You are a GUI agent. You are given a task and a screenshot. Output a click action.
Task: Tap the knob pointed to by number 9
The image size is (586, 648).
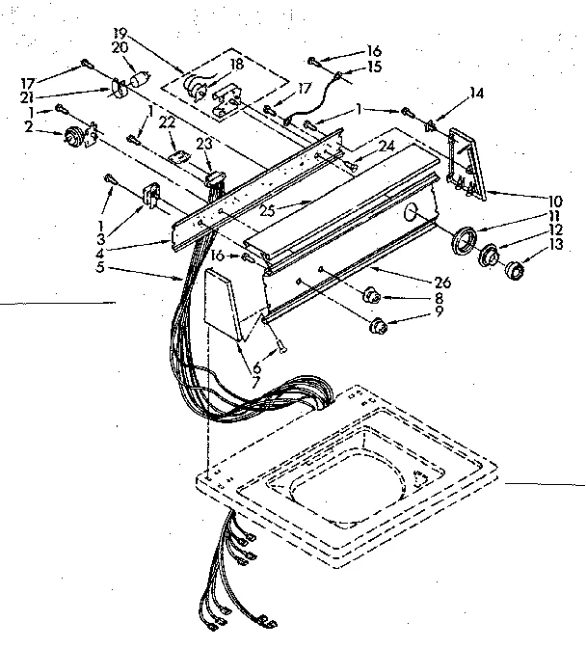pyautogui.click(x=378, y=324)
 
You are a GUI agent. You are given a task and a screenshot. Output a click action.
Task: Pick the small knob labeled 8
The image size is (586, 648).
pyautogui.click(x=371, y=296)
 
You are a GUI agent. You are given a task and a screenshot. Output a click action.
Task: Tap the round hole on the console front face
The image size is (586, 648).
pyautogui.click(x=411, y=212)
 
